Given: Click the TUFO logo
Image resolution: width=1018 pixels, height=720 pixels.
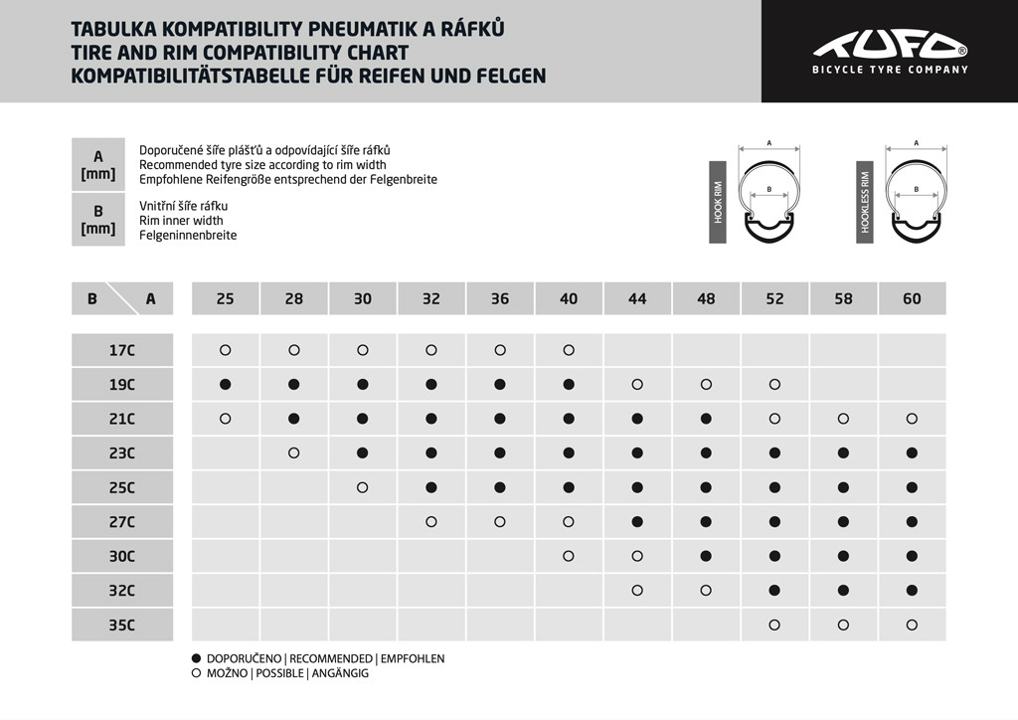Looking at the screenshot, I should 890,45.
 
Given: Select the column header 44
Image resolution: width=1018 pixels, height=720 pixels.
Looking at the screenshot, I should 637,298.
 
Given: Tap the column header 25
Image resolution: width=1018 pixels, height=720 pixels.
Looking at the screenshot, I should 226,298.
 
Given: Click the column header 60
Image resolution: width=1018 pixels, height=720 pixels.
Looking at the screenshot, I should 912,298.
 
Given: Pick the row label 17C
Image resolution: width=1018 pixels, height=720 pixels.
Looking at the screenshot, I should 121,350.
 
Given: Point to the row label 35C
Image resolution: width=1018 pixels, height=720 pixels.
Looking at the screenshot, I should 121,626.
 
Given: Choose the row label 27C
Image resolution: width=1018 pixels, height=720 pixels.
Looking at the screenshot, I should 121,522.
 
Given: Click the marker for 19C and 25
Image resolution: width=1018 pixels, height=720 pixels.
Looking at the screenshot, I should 226,384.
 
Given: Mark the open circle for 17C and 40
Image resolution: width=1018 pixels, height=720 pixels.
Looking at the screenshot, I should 569,350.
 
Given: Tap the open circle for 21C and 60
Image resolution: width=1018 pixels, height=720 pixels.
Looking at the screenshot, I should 912,419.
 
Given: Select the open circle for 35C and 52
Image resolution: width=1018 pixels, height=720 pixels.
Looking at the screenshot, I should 774,626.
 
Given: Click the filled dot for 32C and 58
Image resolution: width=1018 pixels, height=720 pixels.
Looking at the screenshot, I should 843,591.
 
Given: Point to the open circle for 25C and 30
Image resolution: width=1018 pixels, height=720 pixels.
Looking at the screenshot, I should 363,487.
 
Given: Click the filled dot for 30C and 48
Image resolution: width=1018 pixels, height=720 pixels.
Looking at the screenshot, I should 706,556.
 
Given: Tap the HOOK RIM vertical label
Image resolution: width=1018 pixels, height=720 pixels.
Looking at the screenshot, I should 718,202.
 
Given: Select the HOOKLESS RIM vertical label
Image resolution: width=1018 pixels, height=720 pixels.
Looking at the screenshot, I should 865,202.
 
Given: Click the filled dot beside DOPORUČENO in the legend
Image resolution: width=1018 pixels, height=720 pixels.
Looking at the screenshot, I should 196,658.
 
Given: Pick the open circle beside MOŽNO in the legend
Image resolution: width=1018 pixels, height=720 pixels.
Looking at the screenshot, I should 196,673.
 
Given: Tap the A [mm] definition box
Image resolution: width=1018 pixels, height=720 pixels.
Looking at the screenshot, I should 98,164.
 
